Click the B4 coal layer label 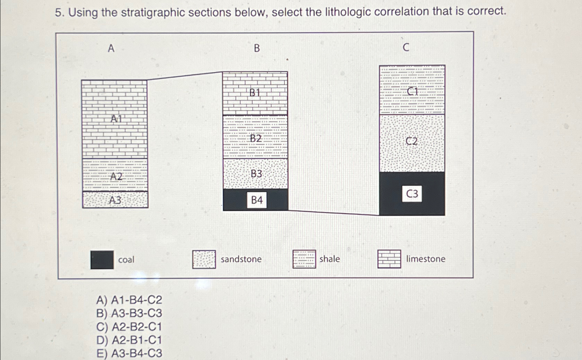click(x=257, y=200)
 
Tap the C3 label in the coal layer click(x=412, y=194)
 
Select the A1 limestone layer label click(x=116, y=119)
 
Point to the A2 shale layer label click(x=116, y=177)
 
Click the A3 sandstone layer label click(x=115, y=200)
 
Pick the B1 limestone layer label click(x=255, y=93)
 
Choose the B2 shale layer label click(x=256, y=138)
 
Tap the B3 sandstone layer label click(x=256, y=174)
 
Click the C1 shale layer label click(x=412, y=91)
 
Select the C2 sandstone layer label click(x=412, y=141)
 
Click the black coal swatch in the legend click(x=102, y=260)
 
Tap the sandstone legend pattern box click(x=204, y=259)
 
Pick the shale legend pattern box click(x=304, y=259)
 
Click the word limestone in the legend click(x=425, y=259)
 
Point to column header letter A click(x=111, y=48)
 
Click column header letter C click(x=406, y=47)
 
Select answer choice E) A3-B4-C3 click(x=129, y=353)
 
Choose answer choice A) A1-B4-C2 click(x=129, y=300)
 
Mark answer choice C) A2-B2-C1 click(x=129, y=327)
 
